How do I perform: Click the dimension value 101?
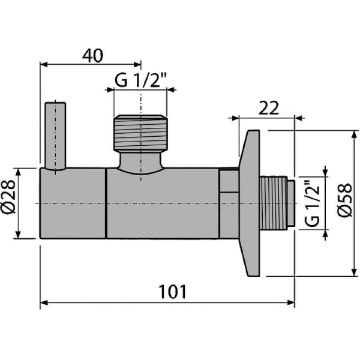(x=172, y=292)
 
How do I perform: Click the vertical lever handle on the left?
(x=53, y=136)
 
